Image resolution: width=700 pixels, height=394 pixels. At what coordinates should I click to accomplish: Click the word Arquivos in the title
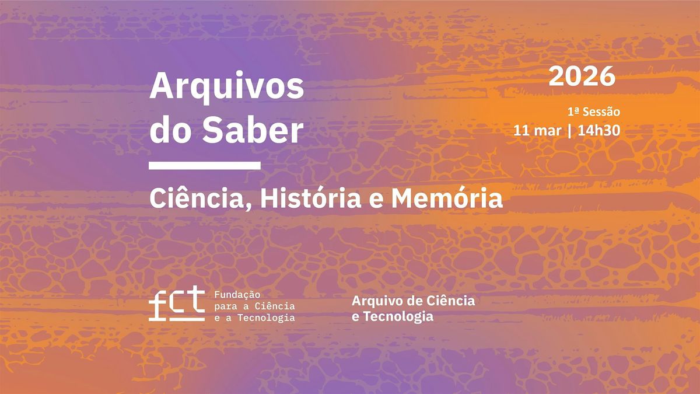[226, 87]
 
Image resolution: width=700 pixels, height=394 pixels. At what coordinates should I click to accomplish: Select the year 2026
[582, 76]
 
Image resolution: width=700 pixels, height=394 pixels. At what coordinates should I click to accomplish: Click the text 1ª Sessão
[594, 111]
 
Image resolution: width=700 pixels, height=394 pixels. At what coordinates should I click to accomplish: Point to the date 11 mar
[537, 130]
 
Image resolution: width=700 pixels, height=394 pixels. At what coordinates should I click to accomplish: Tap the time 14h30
[598, 130]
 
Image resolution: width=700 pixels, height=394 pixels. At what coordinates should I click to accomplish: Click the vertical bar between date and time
[569, 131]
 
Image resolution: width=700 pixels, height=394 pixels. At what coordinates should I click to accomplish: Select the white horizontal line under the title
[205, 165]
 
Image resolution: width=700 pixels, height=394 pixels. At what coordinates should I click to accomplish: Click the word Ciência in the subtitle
[196, 198]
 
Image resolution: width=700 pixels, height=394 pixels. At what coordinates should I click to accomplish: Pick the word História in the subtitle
[311, 198]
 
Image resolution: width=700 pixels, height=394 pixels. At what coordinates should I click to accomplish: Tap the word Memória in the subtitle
[447, 198]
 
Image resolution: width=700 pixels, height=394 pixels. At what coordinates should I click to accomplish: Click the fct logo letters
[177, 304]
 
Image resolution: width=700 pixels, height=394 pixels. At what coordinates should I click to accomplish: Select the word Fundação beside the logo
[237, 295]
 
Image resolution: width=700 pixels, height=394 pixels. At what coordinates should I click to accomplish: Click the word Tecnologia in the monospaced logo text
[266, 318]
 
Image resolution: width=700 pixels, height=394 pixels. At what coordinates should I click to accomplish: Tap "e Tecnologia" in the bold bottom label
[393, 316]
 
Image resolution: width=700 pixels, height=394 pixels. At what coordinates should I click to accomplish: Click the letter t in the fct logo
[196, 299]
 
